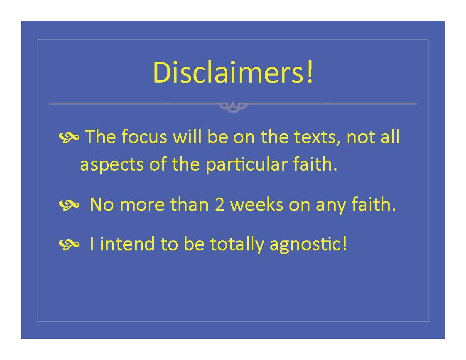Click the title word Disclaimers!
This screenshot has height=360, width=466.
[x=233, y=72]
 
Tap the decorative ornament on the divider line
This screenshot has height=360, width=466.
[x=233, y=106]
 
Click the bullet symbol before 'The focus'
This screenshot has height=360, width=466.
[x=69, y=137]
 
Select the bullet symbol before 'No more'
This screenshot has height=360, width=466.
[x=69, y=205]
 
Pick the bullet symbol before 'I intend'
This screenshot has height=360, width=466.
[x=69, y=244]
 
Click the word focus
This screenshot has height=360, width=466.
[x=144, y=137]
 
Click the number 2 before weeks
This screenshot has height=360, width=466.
[x=219, y=205]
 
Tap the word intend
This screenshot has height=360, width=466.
[x=127, y=244]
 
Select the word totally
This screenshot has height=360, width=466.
[x=237, y=245]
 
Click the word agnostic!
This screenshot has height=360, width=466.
[x=308, y=245]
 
